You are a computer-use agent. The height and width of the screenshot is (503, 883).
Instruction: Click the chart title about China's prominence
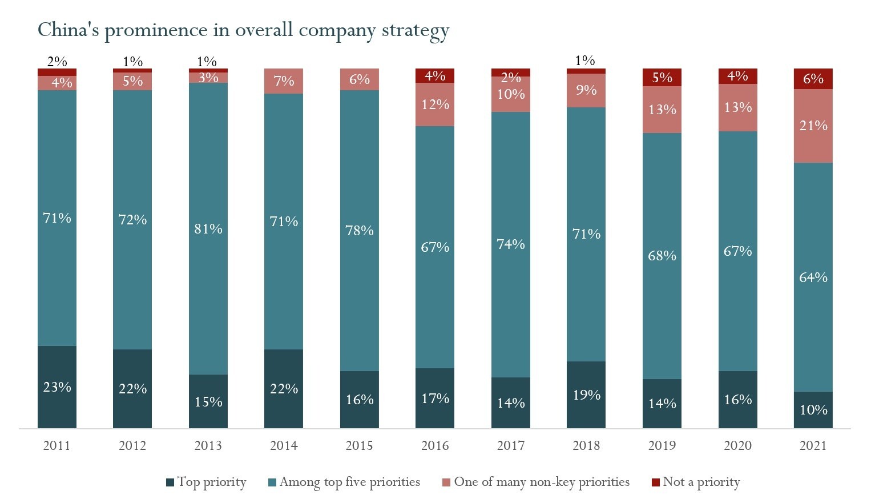(243, 30)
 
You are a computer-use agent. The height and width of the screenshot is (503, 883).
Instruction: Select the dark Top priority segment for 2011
(57, 387)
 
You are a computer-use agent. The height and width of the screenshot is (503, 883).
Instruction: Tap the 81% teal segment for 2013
(208, 228)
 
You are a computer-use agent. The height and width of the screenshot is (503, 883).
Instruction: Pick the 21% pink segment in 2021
(813, 126)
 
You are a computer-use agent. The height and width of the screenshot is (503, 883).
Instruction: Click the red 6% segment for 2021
(813, 79)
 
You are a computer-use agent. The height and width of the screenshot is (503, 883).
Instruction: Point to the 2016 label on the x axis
(435, 446)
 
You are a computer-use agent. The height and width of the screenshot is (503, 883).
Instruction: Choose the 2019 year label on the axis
(662, 446)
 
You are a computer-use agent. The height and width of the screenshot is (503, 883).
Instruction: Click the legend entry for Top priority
(206, 482)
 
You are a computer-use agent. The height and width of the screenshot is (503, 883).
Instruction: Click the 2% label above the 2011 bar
(57, 61)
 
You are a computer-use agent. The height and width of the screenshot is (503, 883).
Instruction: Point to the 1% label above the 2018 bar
(586, 61)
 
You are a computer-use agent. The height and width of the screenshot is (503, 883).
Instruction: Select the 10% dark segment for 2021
(813, 409)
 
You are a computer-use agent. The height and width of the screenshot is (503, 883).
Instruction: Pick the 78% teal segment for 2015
(360, 230)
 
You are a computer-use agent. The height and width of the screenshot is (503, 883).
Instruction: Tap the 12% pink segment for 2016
(435, 104)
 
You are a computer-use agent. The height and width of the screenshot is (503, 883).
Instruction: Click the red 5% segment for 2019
(662, 77)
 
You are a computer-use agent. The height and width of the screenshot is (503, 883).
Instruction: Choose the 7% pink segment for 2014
(284, 81)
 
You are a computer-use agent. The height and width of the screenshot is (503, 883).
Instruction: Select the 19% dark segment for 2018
(586, 395)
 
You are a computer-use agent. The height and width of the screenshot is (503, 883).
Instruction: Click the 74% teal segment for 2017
(511, 244)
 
